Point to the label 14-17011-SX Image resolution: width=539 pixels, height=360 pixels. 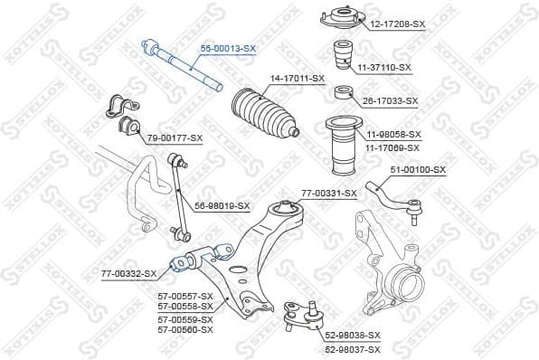click(x=297, y=79)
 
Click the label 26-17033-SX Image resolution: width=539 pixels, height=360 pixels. click(x=390, y=100)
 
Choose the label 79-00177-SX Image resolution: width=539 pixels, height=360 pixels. click(x=175, y=137)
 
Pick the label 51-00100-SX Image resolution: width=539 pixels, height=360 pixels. click(x=418, y=170)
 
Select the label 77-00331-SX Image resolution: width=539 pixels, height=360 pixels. click(x=328, y=193)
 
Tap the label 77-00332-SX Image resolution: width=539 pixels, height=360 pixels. click(x=128, y=271)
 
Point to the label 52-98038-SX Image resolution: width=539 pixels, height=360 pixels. click(x=353, y=335)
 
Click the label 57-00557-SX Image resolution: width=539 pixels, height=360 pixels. click(x=185, y=296)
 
